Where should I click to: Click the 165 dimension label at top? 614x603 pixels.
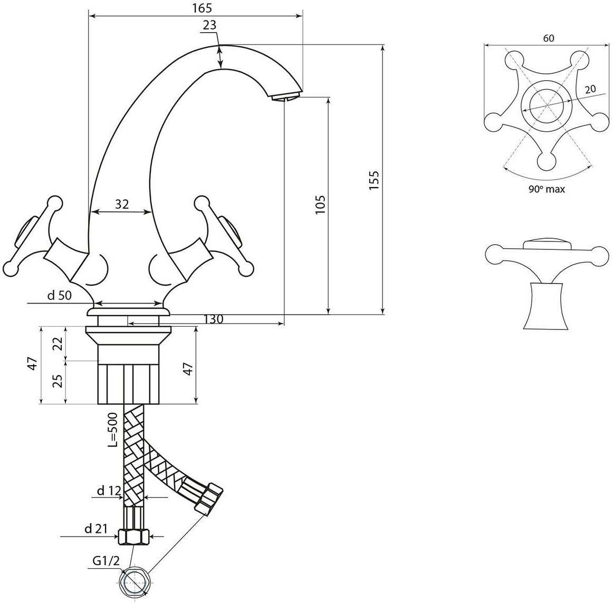(x=202, y=7)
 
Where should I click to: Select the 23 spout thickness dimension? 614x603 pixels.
(x=209, y=25)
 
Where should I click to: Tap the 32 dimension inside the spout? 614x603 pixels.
(x=122, y=204)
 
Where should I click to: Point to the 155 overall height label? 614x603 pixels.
(x=374, y=180)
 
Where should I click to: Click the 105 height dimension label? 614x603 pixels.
(x=320, y=205)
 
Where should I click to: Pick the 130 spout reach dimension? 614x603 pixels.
(x=214, y=319)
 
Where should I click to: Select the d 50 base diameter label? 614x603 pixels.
(x=60, y=295)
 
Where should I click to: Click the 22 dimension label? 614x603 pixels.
(x=57, y=344)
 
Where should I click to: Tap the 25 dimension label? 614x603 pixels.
(x=57, y=381)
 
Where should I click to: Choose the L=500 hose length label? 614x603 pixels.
(x=113, y=430)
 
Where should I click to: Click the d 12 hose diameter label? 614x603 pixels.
(x=109, y=490)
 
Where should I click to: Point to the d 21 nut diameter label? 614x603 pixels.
(x=96, y=529)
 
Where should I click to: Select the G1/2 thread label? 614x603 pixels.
(x=106, y=561)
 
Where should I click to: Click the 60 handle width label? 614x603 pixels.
(x=549, y=38)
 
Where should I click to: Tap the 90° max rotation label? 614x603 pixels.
(x=546, y=189)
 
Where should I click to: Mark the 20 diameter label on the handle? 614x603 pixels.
(x=590, y=89)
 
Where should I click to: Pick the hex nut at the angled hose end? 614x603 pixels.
(x=209, y=498)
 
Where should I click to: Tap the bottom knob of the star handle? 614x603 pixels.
(x=546, y=161)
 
